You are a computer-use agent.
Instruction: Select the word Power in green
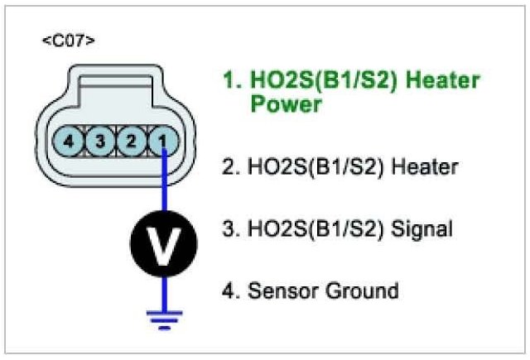coord(284,105)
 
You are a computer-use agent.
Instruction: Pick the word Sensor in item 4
coord(278,290)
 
